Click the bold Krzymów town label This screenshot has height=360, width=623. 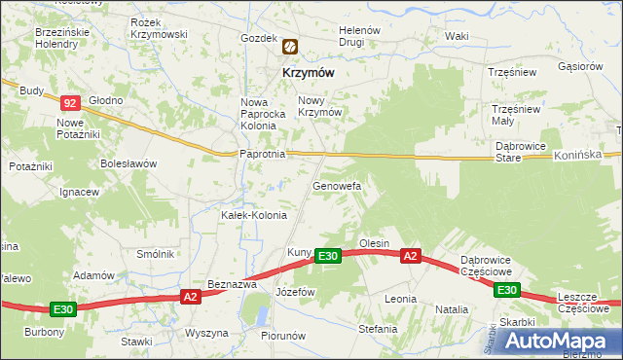click(311, 72)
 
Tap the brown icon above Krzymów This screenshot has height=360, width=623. click(290, 46)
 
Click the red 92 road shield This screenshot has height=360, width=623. click(69, 102)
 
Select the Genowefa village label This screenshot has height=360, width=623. click(337, 185)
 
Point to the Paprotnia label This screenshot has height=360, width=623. click(262, 154)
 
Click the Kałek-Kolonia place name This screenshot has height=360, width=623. click(254, 215)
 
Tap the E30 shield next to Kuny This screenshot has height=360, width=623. click(327, 256)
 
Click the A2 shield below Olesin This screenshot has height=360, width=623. click(411, 256)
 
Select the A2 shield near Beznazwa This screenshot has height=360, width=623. click(190, 297)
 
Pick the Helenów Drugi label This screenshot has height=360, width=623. click(358, 37)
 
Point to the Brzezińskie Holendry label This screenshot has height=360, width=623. click(62, 38)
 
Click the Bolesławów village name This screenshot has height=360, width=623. click(128, 163)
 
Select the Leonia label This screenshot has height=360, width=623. click(400, 299)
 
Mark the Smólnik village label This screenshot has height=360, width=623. click(155, 254)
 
